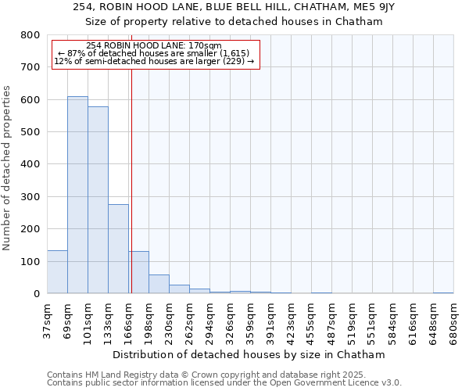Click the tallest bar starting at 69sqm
tap(77, 195)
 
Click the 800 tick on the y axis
tap(30, 35)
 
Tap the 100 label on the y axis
tap(30, 261)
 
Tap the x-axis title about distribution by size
tap(249, 354)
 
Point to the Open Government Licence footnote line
tap(224, 383)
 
